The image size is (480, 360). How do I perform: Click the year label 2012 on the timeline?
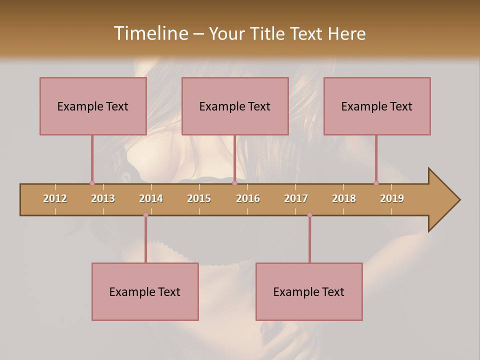tap(55, 198)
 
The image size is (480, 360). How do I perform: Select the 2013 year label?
tap(103, 198)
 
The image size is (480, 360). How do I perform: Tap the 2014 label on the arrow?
tap(151, 198)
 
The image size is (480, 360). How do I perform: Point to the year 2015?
tap(199, 198)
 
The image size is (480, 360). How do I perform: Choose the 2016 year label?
tap(248, 198)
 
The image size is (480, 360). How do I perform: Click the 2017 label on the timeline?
tap(296, 198)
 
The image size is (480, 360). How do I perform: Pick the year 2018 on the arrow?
tap(344, 198)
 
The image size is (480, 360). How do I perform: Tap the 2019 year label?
tap(392, 198)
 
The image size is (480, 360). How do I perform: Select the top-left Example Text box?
tap(93, 106)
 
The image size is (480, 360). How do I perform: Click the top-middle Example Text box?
tap(235, 106)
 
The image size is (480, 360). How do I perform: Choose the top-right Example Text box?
tap(377, 106)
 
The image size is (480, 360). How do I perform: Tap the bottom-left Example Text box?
tap(145, 291)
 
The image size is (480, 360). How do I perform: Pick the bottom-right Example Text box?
tap(309, 291)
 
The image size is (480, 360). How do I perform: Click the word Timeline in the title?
tap(150, 33)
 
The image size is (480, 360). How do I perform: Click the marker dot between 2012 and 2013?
tap(92, 183)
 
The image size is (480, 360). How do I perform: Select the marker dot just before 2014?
tap(145, 215)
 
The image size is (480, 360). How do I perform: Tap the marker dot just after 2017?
tap(309, 215)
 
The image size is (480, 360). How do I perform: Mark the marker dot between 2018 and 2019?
tap(376, 183)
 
